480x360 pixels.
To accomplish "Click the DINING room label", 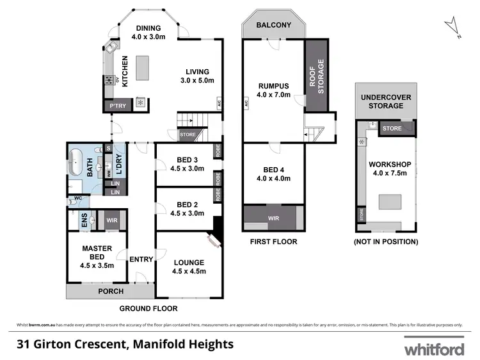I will coord(147,28).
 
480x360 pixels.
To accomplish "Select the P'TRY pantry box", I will coord(116,106).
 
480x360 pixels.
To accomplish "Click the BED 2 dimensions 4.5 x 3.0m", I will coord(186,214).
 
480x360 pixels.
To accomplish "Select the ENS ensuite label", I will coord(84,220).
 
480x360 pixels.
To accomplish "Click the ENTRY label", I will coord(141,259).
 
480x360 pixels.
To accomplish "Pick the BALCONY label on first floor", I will coord(273,26).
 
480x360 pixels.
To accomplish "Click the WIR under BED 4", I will coord(273,218).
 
